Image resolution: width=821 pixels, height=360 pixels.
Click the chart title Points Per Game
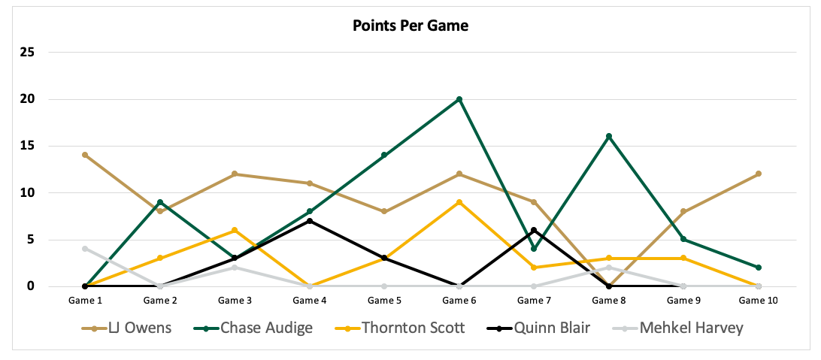410,26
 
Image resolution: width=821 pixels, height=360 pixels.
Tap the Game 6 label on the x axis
459,301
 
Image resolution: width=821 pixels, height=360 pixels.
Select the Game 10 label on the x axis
758,301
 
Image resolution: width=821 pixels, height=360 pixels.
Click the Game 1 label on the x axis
85,301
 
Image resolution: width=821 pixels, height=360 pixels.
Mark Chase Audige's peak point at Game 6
459,99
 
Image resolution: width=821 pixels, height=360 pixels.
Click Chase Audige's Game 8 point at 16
609,136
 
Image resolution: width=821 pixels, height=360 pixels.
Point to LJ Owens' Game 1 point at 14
85,155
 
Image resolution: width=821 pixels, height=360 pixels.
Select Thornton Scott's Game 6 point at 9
459,202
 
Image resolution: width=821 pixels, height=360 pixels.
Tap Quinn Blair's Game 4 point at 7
309,221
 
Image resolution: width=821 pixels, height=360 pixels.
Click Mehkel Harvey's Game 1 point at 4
85,249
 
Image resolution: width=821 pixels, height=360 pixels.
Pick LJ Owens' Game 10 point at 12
759,174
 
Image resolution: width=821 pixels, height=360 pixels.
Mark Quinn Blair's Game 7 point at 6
534,230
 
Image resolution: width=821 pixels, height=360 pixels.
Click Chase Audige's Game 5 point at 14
384,155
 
